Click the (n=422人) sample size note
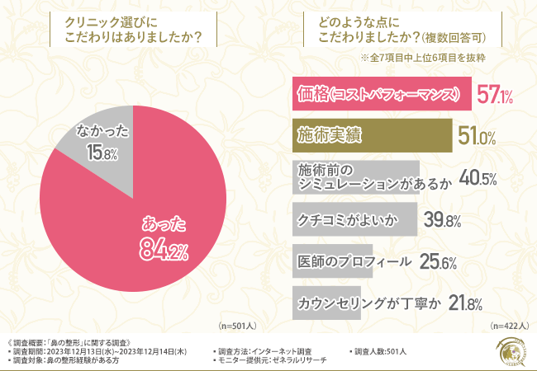point(506,326)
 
